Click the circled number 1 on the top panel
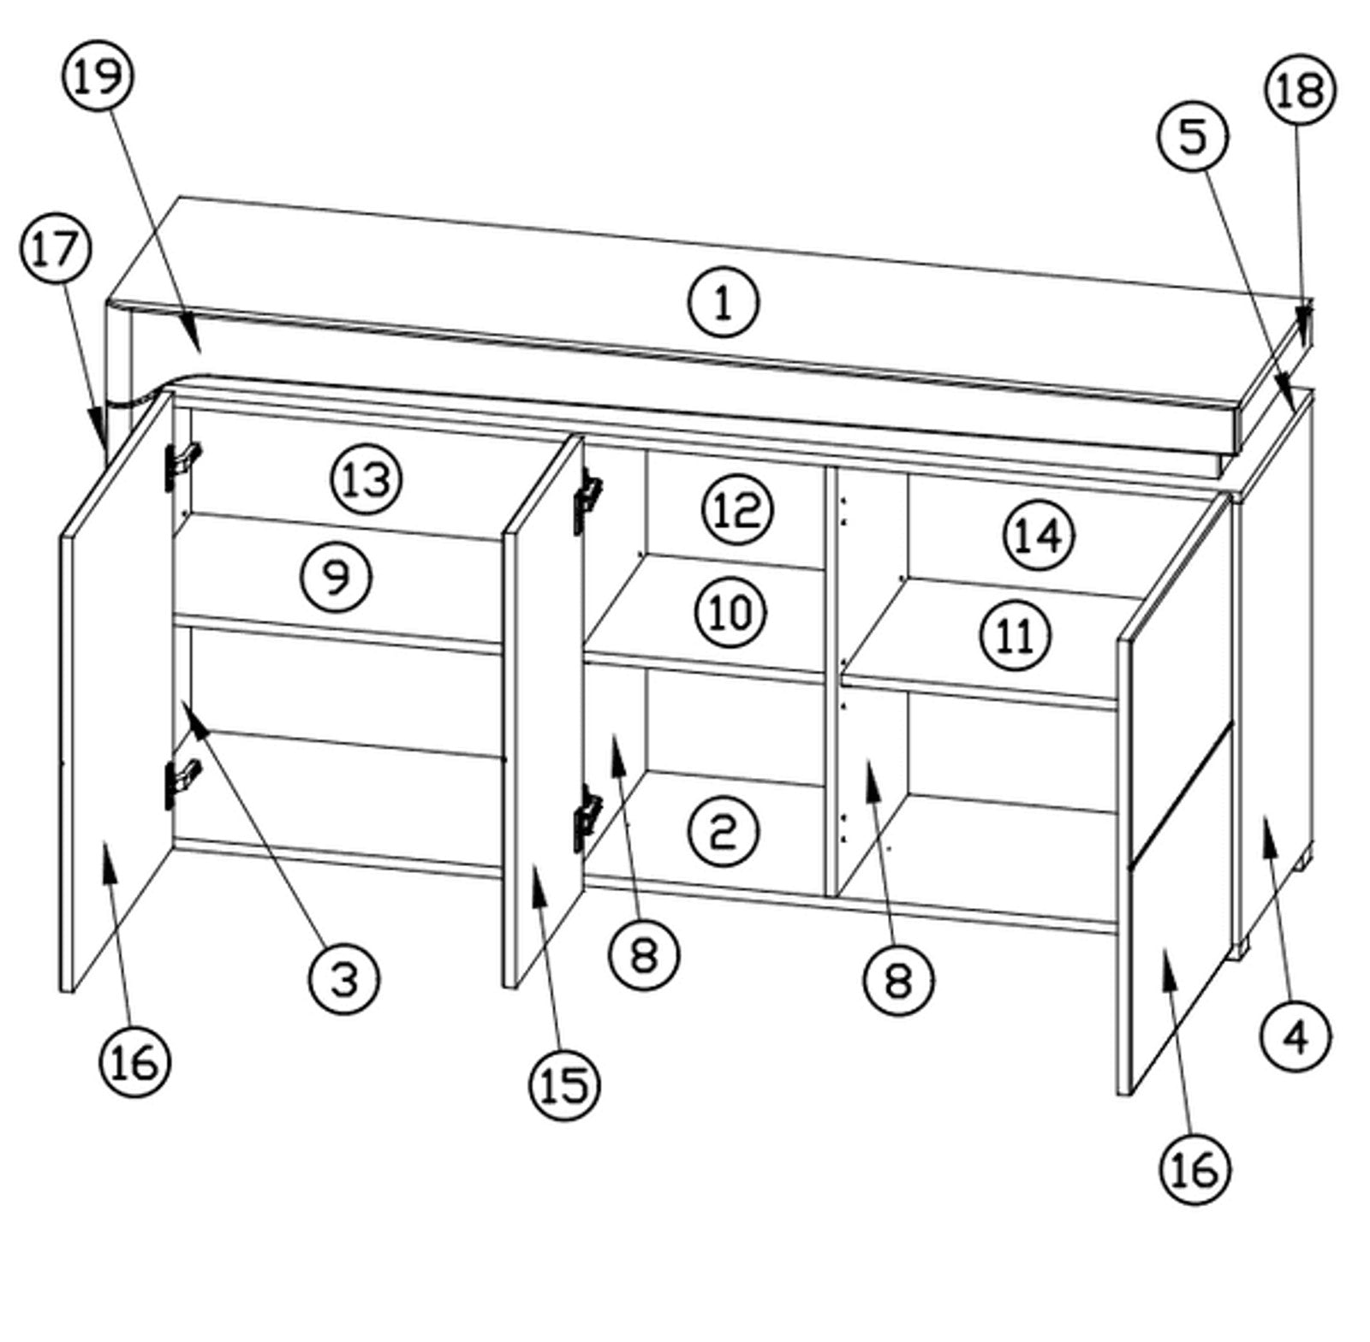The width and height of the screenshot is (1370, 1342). click(724, 302)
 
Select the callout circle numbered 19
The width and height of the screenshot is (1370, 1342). click(98, 76)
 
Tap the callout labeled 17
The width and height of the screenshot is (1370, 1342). click(55, 249)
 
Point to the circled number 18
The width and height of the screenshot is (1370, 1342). click(1300, 90)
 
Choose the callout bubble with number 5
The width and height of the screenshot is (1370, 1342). click(1193, 137)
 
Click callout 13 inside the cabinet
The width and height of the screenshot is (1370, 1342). click(366, 479)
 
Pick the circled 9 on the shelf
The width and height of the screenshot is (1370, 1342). click(337, 577)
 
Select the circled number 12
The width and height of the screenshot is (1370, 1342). click(737, 510)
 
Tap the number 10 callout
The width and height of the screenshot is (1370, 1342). click(730, 613)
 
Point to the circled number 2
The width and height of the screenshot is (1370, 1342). click(724, 831)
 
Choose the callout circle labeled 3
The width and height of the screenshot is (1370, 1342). click(344, 979)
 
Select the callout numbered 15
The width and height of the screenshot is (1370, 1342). click(564, 1085)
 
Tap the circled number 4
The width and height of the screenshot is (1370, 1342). click(1296, 1037)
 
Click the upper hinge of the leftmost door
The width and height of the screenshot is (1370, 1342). click(181, 464)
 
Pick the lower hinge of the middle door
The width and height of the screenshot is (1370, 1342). click(588, 817)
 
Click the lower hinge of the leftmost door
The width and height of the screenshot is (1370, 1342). click(181, 782)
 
